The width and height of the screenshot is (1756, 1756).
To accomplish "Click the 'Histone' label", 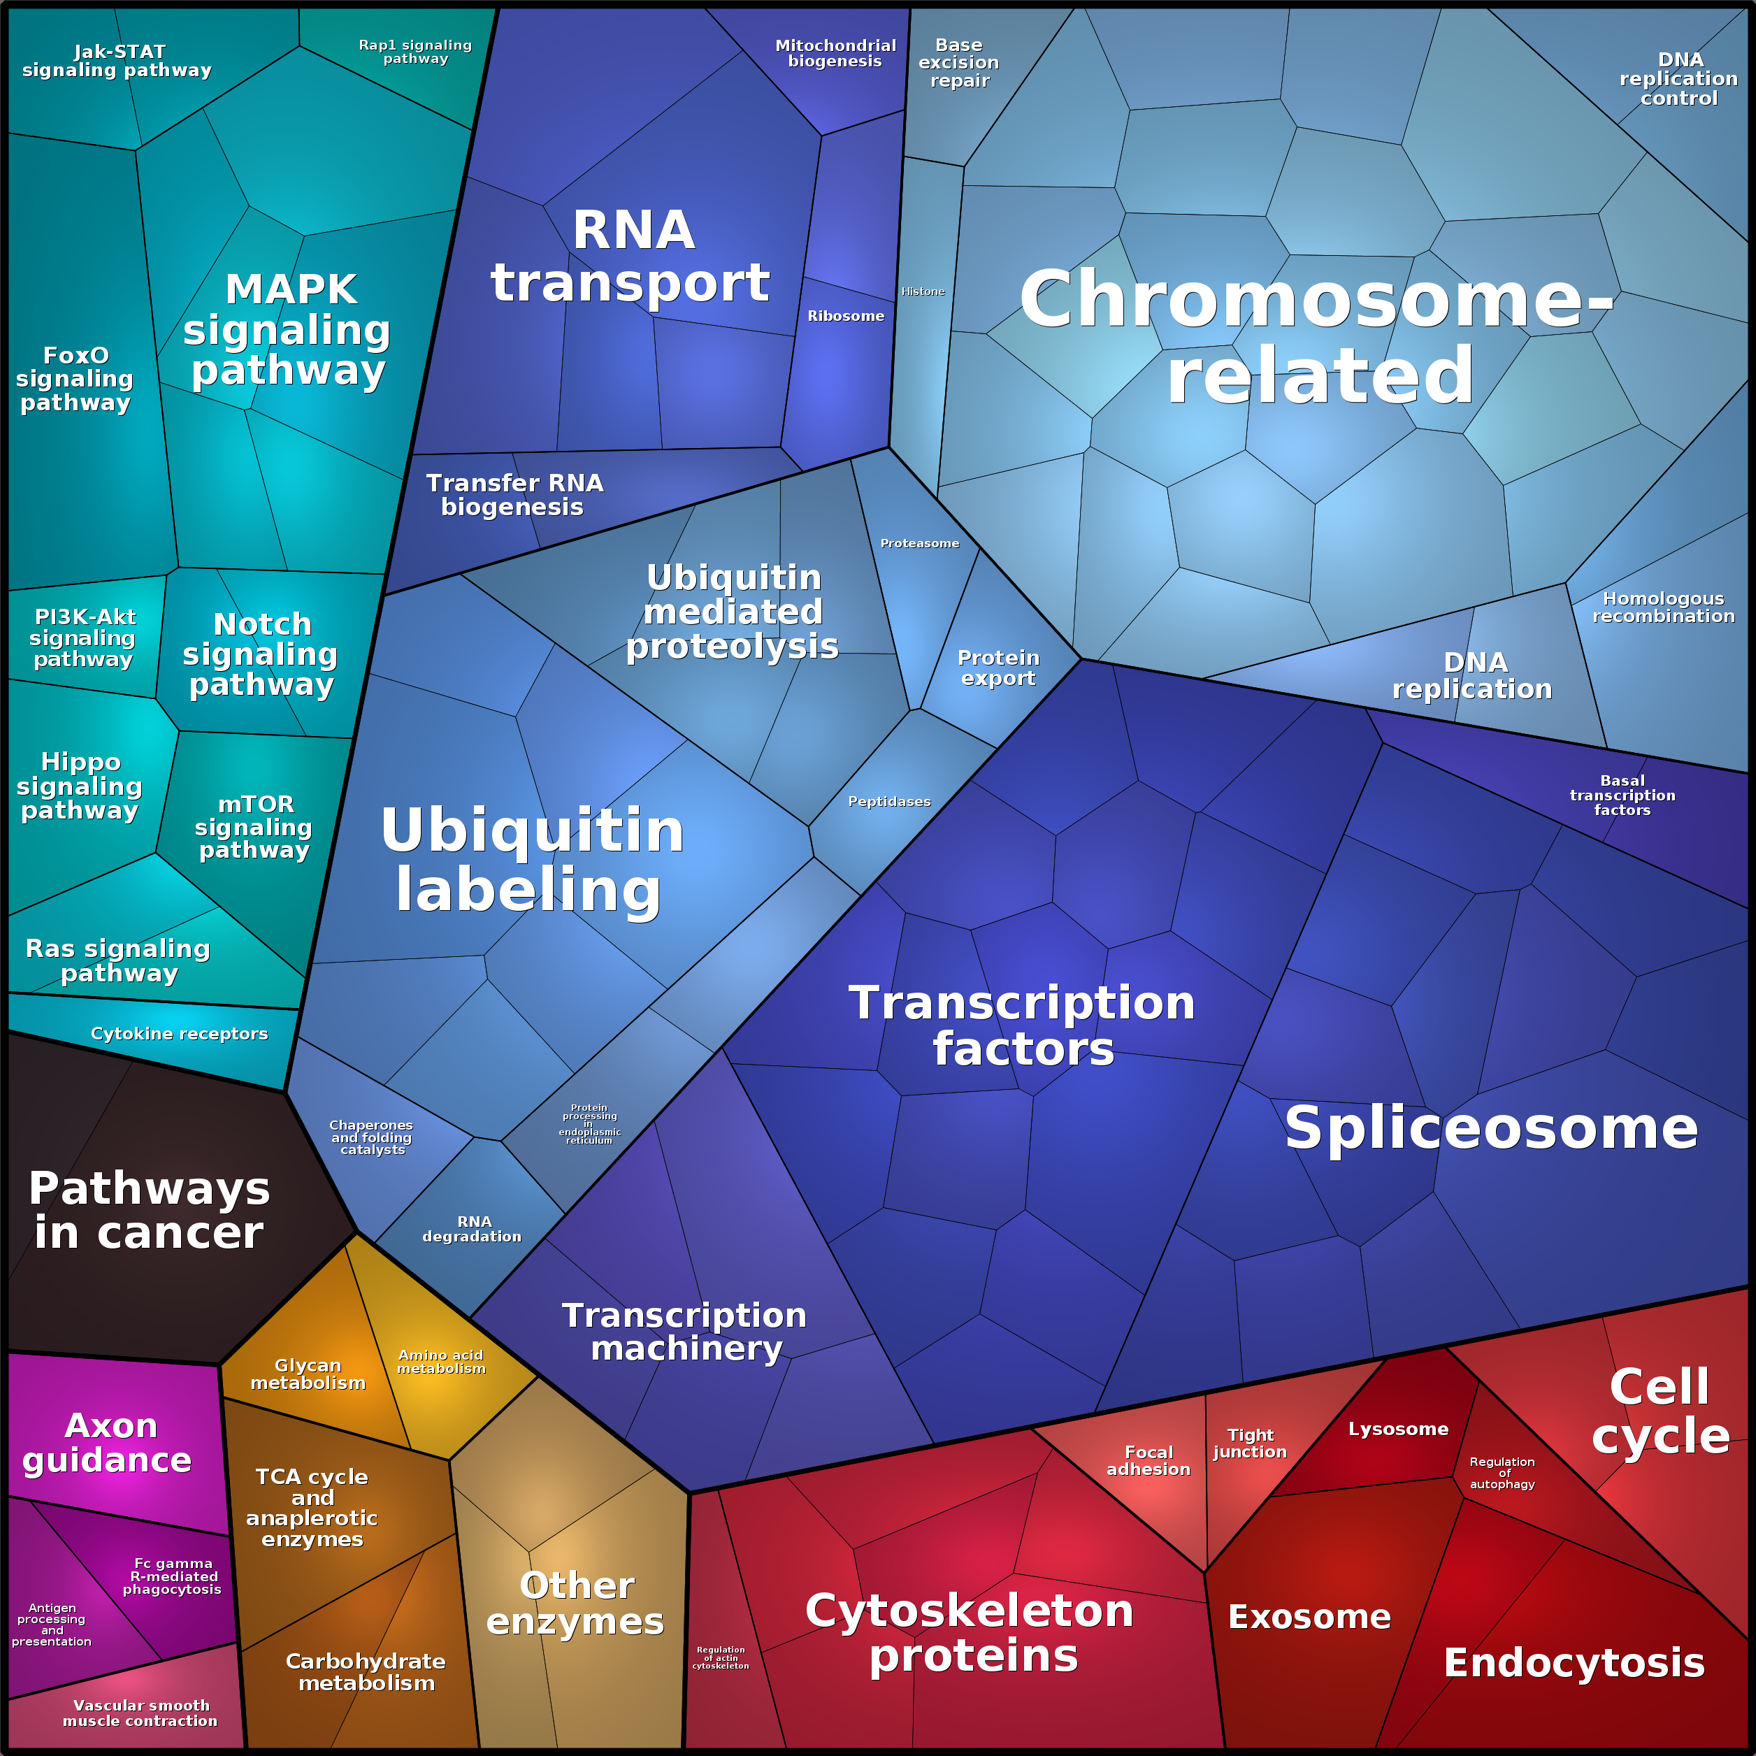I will [923, 292].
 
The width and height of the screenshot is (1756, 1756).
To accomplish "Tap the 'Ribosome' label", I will [845, 316].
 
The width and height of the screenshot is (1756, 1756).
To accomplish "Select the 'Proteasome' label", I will [919, 544].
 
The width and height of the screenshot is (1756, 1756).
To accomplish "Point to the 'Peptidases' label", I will [889, 802].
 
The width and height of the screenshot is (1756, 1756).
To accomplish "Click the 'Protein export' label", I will [998, 668].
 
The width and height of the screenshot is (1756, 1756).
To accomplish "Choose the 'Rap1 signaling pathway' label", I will [415, 52].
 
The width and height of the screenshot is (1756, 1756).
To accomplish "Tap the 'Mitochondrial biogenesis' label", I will [835, 54].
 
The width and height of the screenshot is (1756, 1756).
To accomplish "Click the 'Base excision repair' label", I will [959, 63].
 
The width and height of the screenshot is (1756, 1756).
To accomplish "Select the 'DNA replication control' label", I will [1678, 79].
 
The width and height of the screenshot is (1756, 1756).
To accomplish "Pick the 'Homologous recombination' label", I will [1663, 607].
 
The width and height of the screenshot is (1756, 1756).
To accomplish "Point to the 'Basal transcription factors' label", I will [1622, 796].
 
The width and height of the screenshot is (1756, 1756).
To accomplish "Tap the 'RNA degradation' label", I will [473, 1229].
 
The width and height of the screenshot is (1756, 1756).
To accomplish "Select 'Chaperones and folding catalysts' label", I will [372, 1137].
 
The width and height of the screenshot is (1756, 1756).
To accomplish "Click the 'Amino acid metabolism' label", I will [442, 1362].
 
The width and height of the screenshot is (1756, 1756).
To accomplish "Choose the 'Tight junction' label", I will [1250, 1444].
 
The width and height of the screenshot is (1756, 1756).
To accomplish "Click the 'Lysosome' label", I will [1398, 1430].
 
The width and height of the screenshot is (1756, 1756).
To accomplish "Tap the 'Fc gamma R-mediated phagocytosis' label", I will [173, 1576].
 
